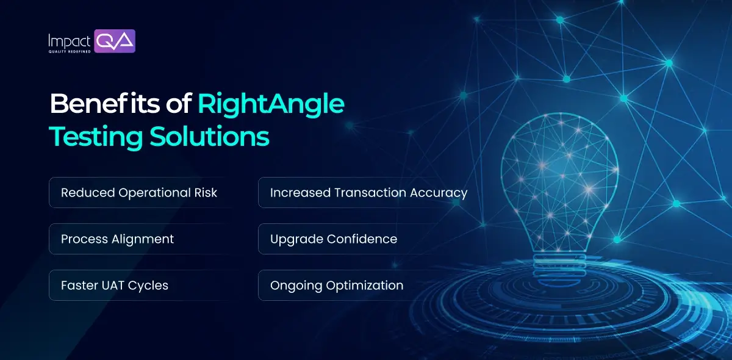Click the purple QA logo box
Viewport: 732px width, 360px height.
115,41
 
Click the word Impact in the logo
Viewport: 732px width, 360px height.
70,41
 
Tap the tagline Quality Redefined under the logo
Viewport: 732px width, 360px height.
70,51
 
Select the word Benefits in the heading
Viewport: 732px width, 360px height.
107,104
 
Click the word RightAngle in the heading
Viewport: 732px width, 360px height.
271,104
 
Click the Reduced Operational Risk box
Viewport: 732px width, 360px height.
139,193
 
